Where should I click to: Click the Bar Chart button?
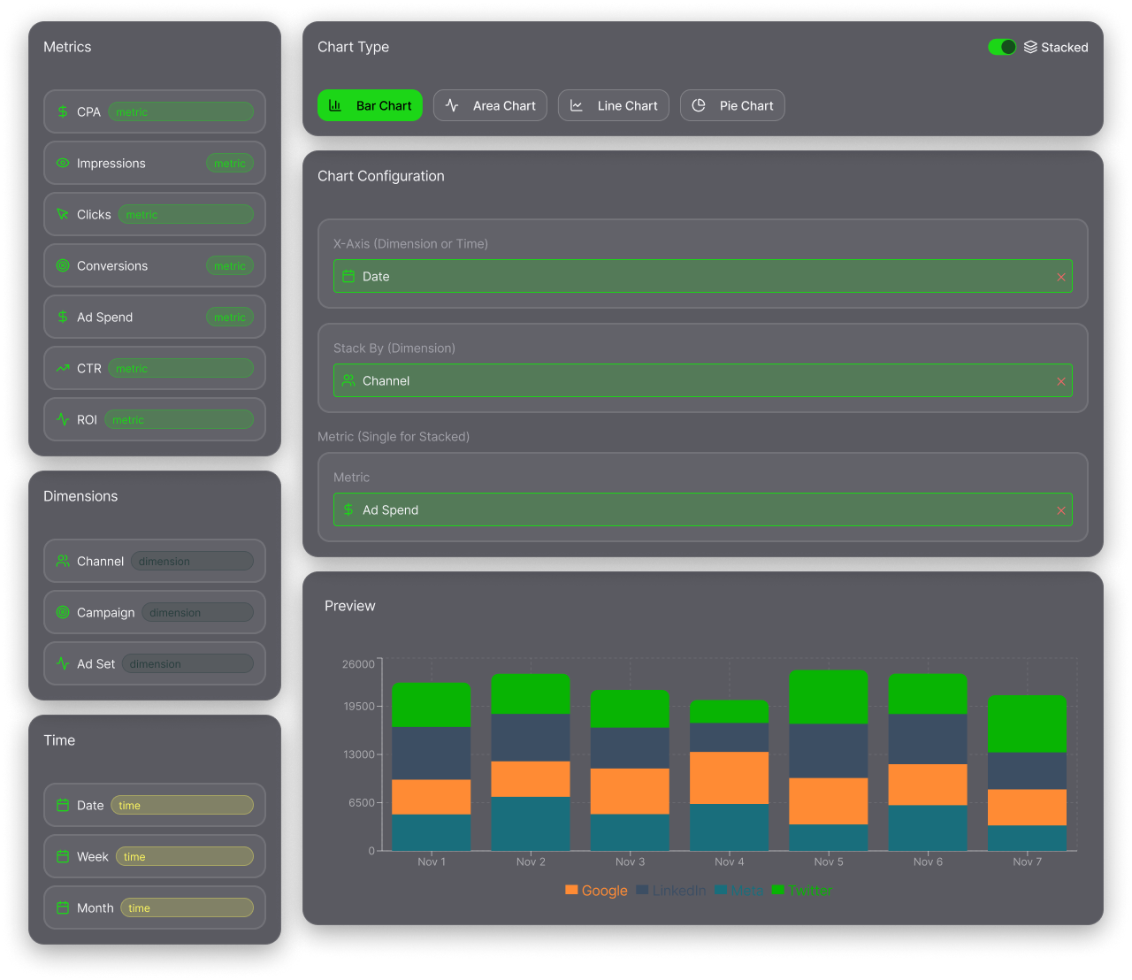370,105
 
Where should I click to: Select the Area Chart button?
490,105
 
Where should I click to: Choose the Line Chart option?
613,105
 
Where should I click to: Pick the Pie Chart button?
731,105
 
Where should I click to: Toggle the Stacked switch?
1002,47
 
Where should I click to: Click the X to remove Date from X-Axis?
1060,277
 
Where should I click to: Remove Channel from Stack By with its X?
1060,381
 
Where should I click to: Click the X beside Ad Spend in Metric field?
1060,510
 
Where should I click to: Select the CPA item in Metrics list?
154,111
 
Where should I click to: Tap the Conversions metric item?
154,265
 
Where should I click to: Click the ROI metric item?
154,419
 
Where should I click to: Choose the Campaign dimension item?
154,612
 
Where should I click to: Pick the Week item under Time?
154,856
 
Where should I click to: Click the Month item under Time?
154,907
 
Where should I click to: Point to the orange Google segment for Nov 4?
729,777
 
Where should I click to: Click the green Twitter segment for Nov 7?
1027,724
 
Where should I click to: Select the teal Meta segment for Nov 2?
531,823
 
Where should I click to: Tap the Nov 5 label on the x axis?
828,861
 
